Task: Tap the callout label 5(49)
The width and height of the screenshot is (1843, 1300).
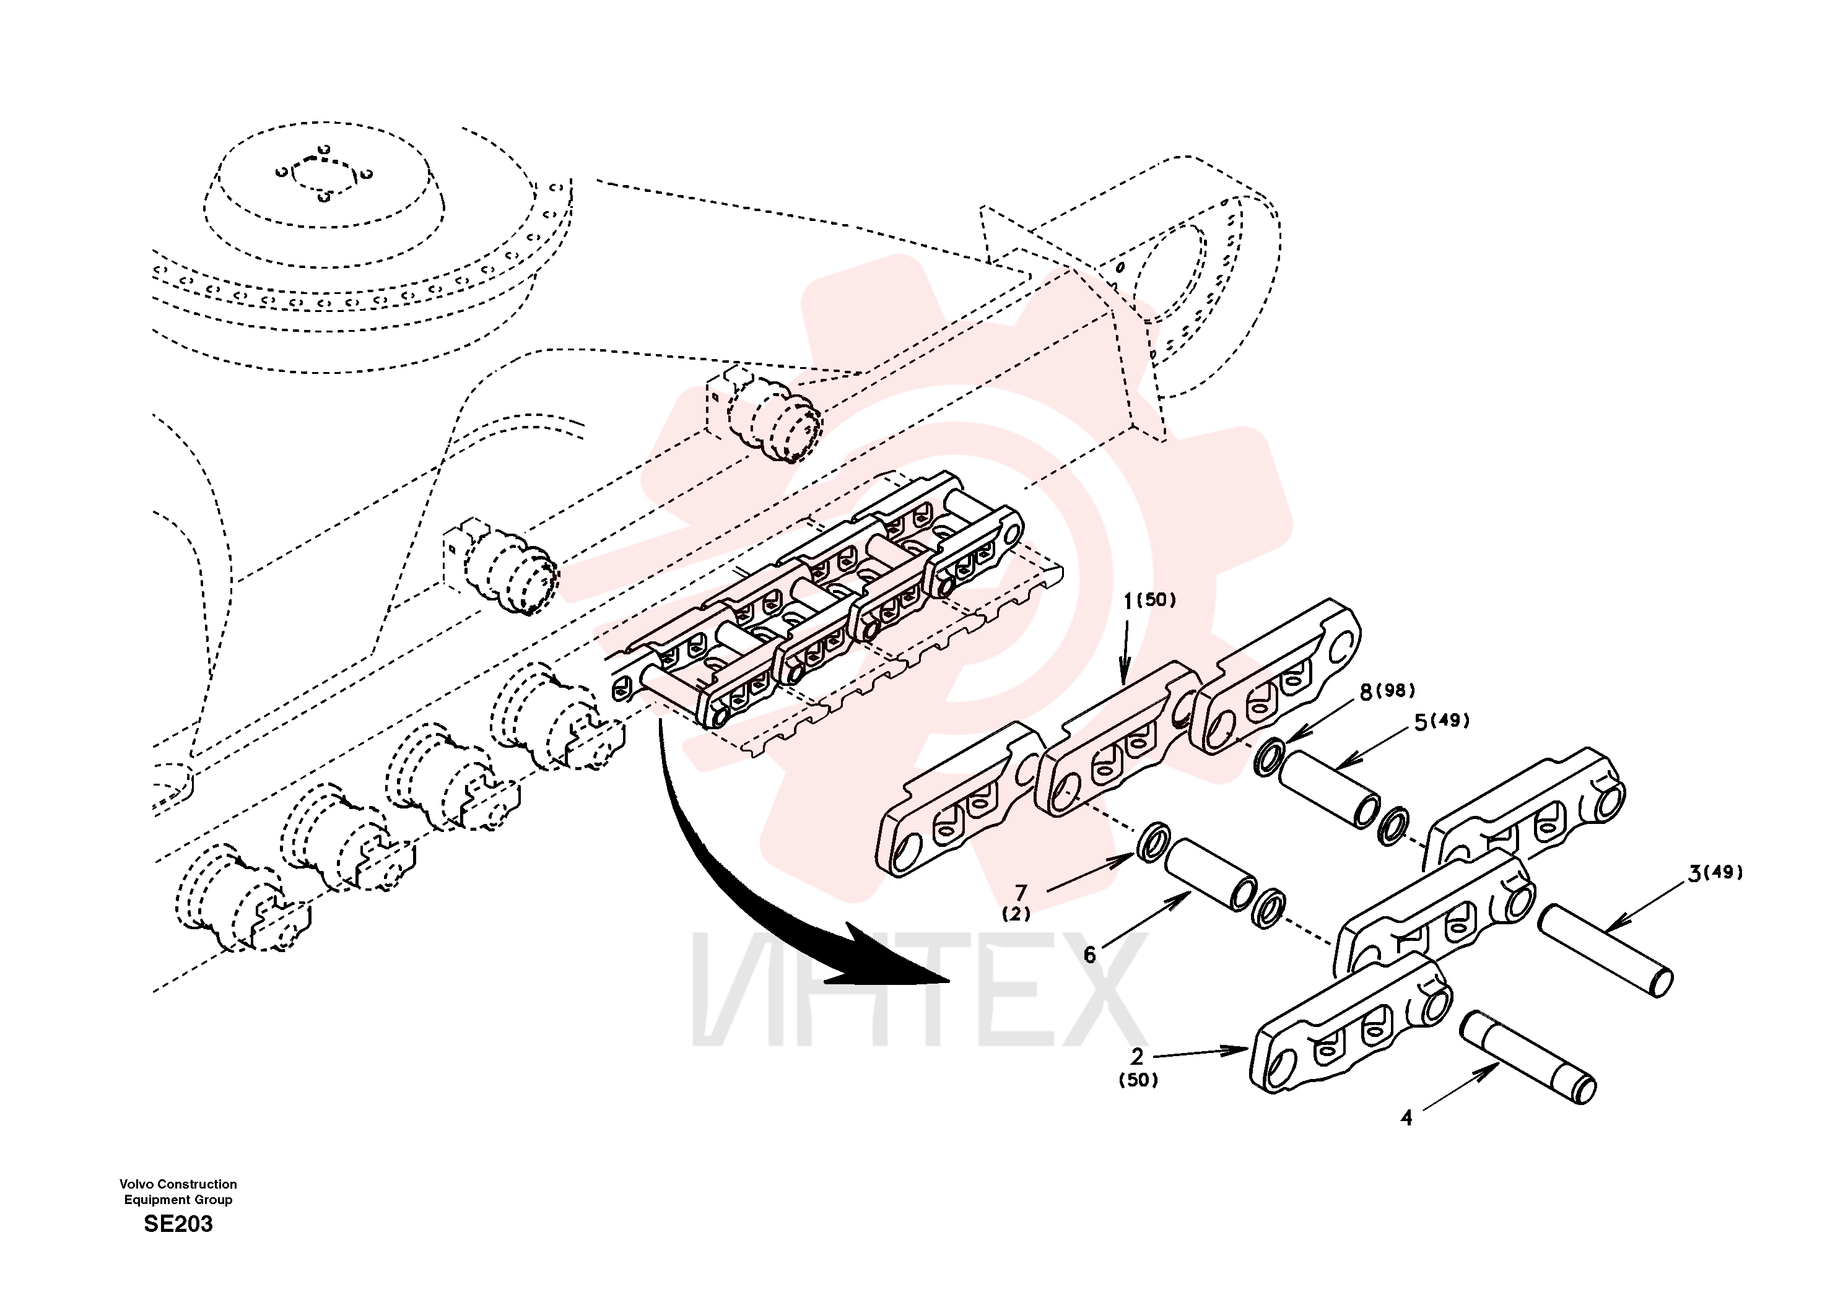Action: point(1442,721)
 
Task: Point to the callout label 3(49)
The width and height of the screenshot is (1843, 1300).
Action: point(1715,873)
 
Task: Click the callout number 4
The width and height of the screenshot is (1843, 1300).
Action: point(1406,1118)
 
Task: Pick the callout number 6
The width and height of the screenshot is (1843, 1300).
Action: point(1089,955)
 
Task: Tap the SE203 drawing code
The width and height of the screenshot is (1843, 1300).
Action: point(178,1224)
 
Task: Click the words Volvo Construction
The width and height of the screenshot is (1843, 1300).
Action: point(178,1184)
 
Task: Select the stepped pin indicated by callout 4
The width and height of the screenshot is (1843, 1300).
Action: point(1528,1057)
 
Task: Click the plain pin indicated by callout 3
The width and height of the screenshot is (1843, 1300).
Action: point(1605,950)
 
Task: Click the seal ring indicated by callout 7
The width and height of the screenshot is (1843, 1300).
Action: point(1154,843)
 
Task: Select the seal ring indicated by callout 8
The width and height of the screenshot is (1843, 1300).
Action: point(1269,758)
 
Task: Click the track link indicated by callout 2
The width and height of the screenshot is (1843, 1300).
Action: point(1351,1023)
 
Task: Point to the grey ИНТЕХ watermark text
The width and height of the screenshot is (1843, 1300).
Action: point(920,990)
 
